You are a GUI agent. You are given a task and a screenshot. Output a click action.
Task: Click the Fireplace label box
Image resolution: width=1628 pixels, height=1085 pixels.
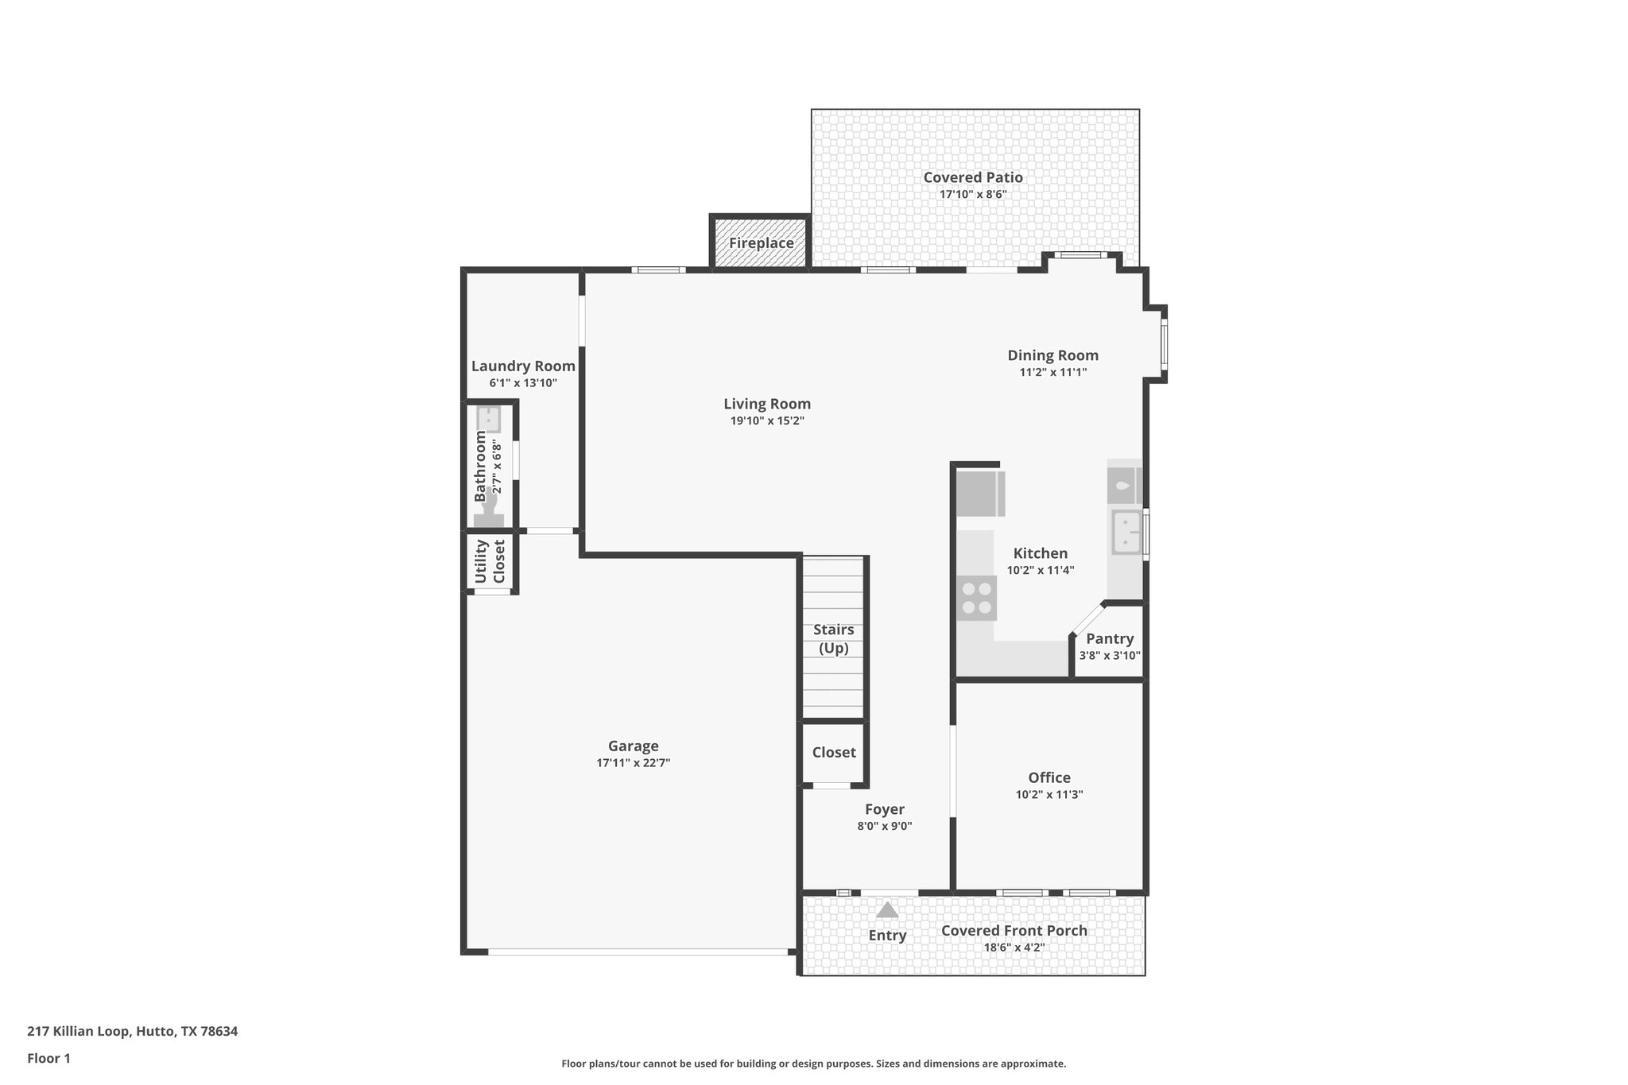(761, 243)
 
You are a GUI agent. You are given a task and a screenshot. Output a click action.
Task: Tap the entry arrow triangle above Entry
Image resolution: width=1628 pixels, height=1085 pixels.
(887, 909)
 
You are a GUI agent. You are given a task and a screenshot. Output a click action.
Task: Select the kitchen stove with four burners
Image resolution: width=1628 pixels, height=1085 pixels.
(977, 599)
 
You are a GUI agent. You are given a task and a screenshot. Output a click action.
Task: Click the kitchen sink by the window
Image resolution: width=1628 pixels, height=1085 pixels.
(1126, 532)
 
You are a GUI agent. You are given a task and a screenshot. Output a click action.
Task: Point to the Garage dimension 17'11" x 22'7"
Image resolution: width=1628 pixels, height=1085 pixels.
(634, 763)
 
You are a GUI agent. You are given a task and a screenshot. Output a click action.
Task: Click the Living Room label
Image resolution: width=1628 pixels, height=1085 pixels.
(767, 404)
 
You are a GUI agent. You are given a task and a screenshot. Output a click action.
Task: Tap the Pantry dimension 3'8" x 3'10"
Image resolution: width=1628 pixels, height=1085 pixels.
(1110, 656)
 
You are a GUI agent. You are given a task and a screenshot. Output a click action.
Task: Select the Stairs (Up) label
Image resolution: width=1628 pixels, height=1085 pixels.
(834, 639)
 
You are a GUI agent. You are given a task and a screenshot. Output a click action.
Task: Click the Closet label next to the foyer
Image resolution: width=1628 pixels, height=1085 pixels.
(834, 752)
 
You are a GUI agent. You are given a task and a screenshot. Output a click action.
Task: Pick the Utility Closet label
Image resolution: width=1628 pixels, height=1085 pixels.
(490, 562)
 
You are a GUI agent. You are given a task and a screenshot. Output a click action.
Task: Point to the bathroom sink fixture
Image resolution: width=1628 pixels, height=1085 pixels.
(488, 418)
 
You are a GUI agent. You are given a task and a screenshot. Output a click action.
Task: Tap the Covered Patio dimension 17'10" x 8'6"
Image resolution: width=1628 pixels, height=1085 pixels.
(973, 194)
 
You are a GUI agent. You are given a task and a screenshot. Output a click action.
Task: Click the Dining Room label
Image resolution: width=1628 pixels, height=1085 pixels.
(1052, 355)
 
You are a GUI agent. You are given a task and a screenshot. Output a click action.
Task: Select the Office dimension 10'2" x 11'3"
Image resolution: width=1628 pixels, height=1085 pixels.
(1049, 794)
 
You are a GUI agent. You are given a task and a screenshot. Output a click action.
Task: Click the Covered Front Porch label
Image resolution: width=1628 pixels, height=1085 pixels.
(1014, 931)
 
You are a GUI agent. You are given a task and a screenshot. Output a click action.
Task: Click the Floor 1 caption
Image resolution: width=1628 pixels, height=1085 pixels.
(48, 1058)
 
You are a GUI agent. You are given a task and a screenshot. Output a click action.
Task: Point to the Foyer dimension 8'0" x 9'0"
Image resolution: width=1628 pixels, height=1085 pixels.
(884, 826)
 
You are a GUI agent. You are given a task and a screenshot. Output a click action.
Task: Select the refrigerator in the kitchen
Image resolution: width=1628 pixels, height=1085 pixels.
(979, 494)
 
